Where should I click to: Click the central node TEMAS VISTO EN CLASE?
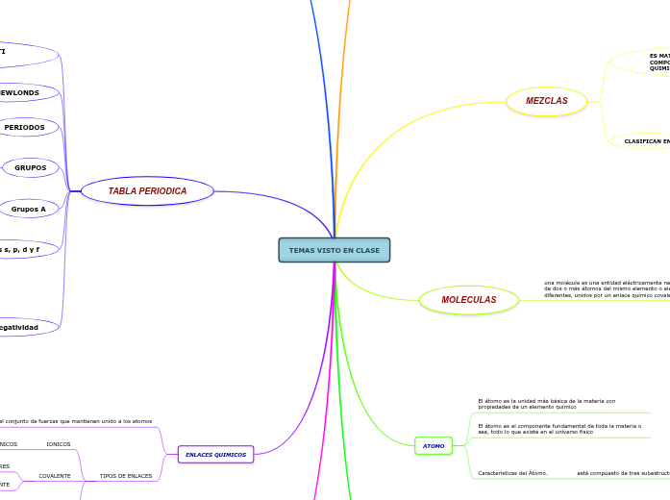(x=334, y=250)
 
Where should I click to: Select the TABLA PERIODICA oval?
(x=147, y=191)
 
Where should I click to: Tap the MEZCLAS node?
(x=546, y=101)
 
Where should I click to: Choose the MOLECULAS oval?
(x=468, y=300)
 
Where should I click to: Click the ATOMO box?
(x=434, y=446)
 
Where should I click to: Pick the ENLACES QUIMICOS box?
(x=215, y=454)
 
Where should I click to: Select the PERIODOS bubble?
(x=25, y=127)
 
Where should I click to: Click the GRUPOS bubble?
(x=31, y=167)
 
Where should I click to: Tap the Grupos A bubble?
(x=29, y=209)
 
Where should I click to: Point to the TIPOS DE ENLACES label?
(x=126, y=476)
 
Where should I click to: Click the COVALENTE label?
(x=55, y=476)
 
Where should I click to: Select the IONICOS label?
(x=59, y=444)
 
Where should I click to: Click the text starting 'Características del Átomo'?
(x=512, y=473)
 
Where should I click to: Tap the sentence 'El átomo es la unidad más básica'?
(x=546, y=404)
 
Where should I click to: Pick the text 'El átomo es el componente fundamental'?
(x=558, y=429)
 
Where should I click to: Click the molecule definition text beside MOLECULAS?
(x=606, y=289)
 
